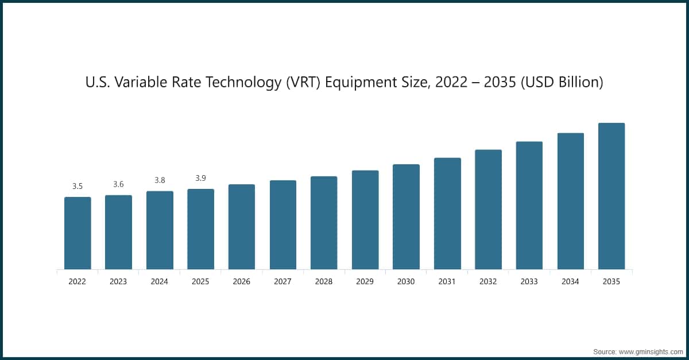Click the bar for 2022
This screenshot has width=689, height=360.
coord(78,233)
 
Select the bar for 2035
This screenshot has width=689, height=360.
coord(611,196)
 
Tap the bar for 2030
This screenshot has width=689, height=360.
coord(406,216)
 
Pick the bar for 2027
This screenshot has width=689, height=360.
coord(283,224)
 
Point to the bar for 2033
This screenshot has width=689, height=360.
coord(529,205)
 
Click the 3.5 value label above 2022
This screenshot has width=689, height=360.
coord(78,186)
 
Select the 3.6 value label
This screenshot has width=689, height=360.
coord(118,184)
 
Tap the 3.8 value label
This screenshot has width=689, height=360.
coord(160,180)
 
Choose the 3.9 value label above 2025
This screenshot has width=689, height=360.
coord(200,178)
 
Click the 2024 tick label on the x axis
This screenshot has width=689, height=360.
coord(160,282)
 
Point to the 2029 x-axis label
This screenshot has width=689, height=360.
coord(365,282)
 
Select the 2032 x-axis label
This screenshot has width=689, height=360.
coord(488,282)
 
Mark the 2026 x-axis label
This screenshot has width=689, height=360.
coord(242,282)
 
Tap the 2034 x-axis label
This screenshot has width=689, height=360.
coord(570,282)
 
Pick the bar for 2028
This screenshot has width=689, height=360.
coord(324,223)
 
